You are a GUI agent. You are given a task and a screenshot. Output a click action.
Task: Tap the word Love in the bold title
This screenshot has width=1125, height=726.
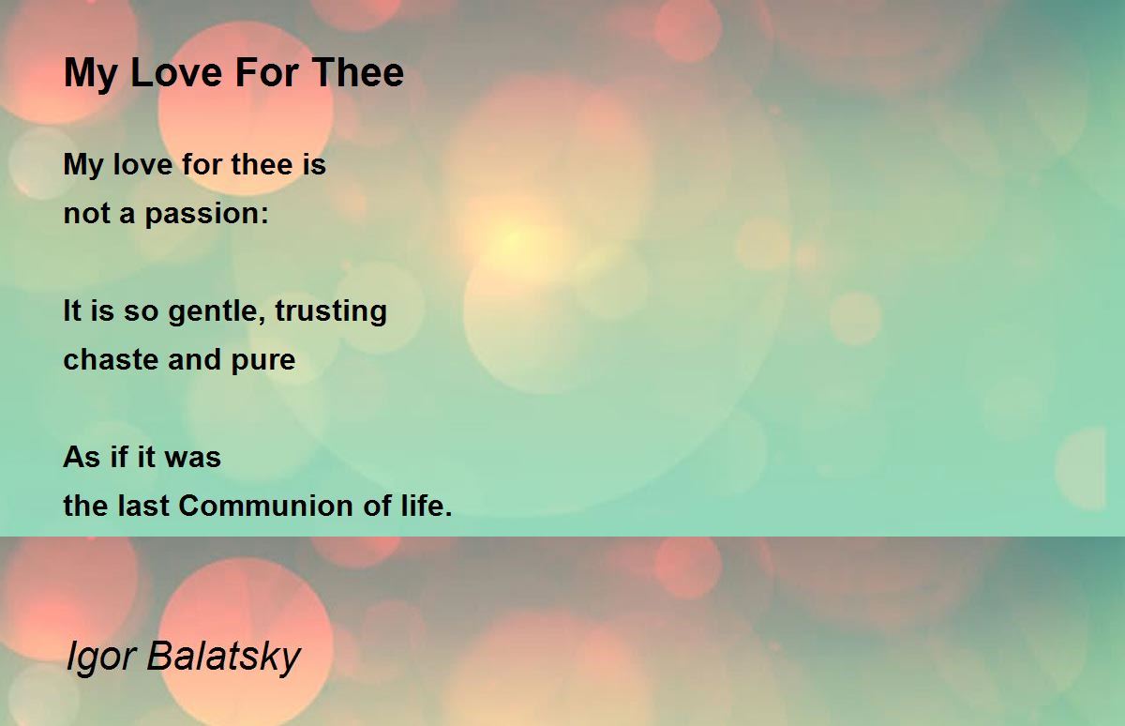point(176,72)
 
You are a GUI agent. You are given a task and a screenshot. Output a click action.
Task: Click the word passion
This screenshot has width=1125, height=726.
point(202,215)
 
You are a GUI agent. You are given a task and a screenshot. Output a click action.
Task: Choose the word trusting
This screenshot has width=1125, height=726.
point(331,312)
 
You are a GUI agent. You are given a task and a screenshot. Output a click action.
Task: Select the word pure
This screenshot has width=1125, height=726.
point(263,361)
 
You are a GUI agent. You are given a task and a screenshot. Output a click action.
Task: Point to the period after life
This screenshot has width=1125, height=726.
point(448,514)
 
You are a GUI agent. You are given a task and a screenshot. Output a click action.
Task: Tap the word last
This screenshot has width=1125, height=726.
point(143,506)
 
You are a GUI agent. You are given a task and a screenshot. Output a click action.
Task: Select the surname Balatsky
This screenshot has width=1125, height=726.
point(223,658)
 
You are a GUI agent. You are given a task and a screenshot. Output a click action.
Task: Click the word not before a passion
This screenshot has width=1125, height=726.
point(87,214)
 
